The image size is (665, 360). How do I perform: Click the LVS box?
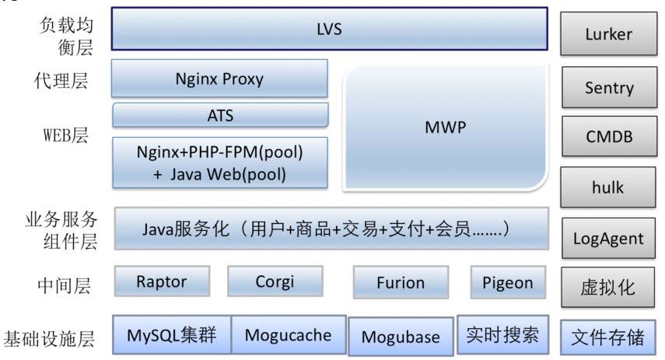pos(330,30)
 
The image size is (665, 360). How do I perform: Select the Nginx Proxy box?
pos(220,79)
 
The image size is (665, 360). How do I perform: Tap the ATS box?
pos(220,115)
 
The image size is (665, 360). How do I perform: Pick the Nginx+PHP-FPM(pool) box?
pos(220,163)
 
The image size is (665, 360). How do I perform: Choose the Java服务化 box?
pos(331,229)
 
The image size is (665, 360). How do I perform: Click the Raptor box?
pos(162,281)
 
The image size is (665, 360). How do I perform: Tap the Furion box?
pos(401,283)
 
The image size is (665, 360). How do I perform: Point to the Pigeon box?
pos(508,281)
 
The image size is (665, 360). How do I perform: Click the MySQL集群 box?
pos(172,336)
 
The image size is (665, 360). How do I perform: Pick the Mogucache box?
pos(288,336)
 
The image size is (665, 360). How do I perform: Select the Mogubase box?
pos(401,337)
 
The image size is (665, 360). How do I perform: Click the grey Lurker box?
pos(608,33)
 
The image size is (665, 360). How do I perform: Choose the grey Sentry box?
pos(608,87)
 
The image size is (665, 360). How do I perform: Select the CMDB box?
pos(608,137)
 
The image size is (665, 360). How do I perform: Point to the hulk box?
pos(608,187)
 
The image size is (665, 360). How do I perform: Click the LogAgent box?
pos(608,238)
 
